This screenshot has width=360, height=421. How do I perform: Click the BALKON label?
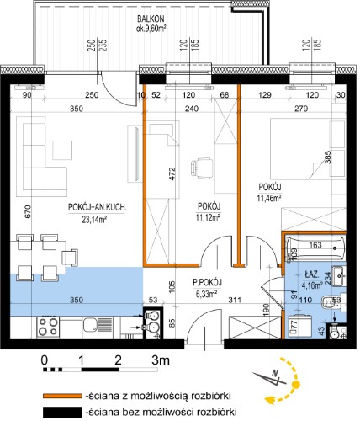[x=151, y=19]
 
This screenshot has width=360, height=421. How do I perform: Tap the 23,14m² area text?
[x=94, y=219]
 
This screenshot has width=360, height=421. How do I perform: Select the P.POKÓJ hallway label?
[x=208, y=282]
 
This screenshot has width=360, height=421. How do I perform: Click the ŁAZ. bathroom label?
[x=311, y=274]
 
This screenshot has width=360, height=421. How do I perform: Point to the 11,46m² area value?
[x=269, y=198]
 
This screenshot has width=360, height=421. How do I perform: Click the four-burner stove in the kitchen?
[x=49, y=327]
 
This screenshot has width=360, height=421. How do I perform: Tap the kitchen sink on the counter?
[x=93, y=326]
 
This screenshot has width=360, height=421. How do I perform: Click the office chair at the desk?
[x=201, y=168]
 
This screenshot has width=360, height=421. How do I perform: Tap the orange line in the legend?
[x=62, y=396]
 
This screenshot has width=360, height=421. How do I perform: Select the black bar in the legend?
[x=62, y=413]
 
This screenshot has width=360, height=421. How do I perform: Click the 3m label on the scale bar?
[x=161, y=360]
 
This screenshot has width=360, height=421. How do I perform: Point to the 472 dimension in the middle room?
[x=172, y=174]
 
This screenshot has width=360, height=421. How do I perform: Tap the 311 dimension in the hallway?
[x=235, y=300]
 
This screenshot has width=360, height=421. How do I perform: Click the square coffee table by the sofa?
[x=62, y=150]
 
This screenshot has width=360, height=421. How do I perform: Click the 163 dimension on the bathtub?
[x=315, y=245]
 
